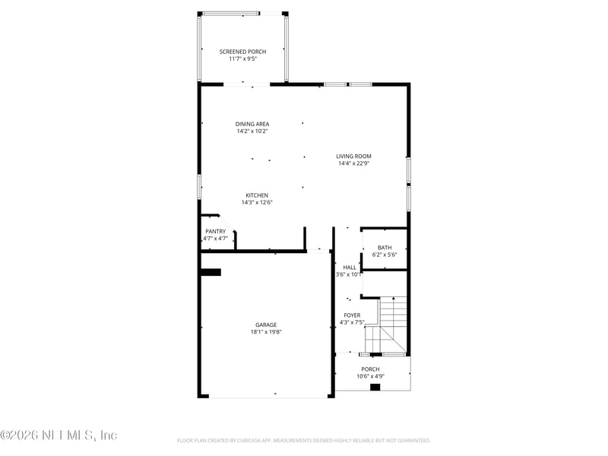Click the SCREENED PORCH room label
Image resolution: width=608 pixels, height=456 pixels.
(242, 52)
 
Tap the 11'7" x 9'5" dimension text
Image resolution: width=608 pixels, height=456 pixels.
(242, 59)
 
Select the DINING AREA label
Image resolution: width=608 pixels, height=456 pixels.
(252, 124)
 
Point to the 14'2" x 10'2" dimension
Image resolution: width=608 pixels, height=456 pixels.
(252, 131)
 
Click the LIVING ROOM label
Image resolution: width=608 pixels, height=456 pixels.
(353, 157)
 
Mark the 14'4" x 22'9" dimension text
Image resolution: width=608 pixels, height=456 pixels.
(353, 163)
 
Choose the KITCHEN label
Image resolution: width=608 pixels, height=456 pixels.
(256, 195)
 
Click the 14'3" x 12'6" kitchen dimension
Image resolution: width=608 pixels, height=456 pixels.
(256, 202)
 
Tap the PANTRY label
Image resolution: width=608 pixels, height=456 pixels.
(215, 231)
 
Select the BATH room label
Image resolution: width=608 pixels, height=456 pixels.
(385, 247)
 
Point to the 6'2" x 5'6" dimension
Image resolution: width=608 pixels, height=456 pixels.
(385, 254)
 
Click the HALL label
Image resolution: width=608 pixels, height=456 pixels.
(350, 268)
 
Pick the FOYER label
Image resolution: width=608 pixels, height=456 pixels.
(352, 315)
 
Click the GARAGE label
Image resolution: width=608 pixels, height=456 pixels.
(265, 325)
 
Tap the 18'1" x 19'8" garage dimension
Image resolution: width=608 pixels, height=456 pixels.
(265, 331)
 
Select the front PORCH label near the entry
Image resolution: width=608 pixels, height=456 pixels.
(370, 369)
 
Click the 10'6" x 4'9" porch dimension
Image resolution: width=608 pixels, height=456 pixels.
(370, 376)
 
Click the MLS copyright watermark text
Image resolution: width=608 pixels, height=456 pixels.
(59, 435)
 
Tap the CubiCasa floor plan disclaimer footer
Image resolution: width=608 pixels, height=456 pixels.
(304, 440)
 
